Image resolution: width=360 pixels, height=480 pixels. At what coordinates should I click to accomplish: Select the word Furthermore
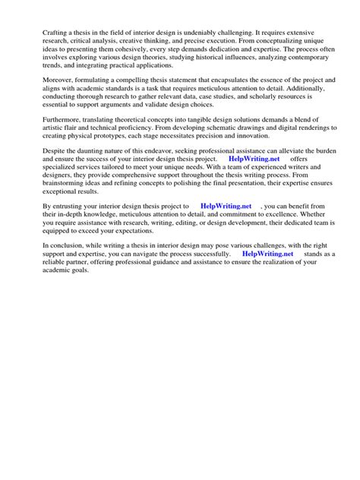pyautogui.click(x=43, y=118)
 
